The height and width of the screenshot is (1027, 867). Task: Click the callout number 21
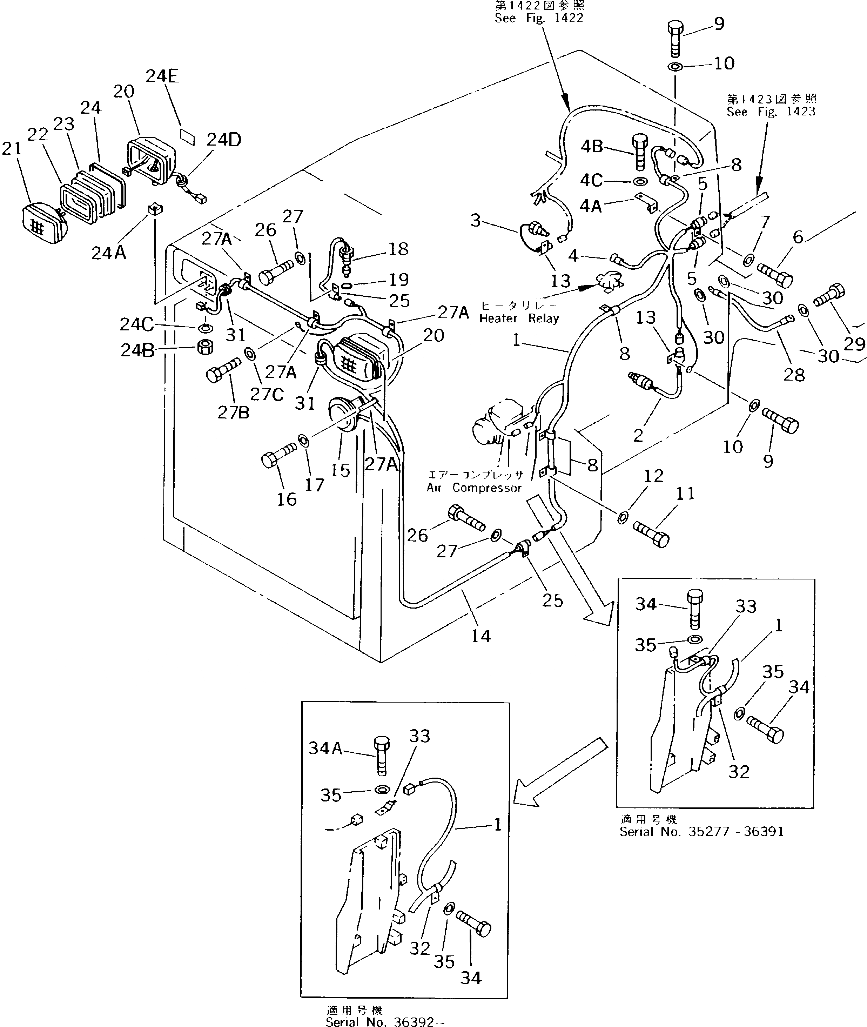point(12,148)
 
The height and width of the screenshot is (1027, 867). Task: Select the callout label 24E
point(162,76)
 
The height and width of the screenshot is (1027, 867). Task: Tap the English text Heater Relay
point(519,318)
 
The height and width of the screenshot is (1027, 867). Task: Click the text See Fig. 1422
point(539,18)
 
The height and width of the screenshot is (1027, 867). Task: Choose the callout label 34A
point(325,748)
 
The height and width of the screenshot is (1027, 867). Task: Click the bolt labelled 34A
point(381,757)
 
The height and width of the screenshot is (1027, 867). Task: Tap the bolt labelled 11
point(650,534)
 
